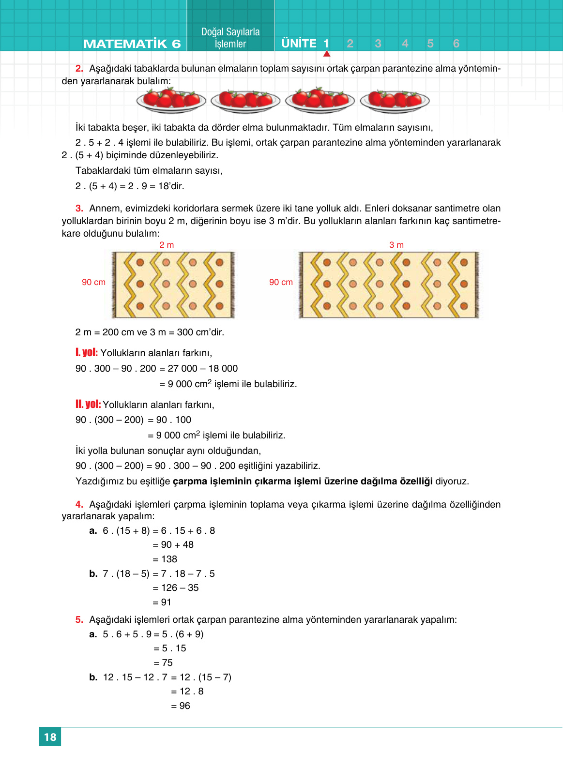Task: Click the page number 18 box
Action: point(50,737)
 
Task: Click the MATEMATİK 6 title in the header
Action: point(132,44)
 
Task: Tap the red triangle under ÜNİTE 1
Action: point(327,54)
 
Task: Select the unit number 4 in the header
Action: point(405,44)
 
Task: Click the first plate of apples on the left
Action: point(171,100)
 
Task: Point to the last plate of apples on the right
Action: point(395,100)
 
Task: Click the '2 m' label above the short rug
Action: point(167,245)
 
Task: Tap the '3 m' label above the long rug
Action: point(396,245)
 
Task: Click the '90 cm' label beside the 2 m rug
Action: point(93,282)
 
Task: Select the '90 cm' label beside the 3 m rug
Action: point(281,282)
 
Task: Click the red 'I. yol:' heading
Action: point(87,352)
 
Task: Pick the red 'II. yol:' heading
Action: point(88,404)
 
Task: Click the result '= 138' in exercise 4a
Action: point(165,559)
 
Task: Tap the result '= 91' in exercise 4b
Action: point(162,602)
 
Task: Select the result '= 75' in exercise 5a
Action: point(163,662)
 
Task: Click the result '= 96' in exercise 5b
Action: point(181,706)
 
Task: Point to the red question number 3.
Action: point(79,208)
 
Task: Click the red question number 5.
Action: point(79,619)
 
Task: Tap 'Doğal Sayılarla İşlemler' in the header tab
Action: point(230,38)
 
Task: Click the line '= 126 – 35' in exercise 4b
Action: point(176,587)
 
